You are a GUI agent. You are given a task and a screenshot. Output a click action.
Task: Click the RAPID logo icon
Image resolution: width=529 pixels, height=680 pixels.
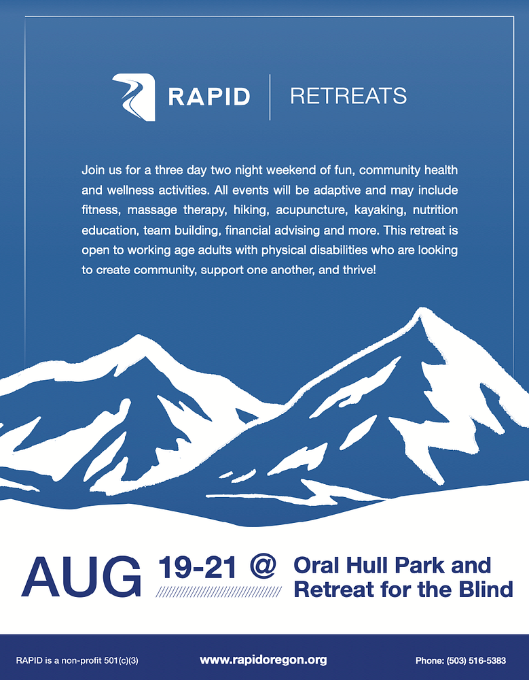tap(134, 97)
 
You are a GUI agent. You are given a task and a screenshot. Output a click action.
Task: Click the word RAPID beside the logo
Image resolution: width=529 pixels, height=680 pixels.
tap(209, 97)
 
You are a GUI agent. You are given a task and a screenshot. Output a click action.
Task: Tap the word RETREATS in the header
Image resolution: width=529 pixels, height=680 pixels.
tap(348, 96)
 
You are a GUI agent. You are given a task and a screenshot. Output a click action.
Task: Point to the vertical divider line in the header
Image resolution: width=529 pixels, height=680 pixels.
tap(270, 97)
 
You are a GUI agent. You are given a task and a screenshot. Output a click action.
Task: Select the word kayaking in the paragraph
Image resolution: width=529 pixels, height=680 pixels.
tap(380, 210)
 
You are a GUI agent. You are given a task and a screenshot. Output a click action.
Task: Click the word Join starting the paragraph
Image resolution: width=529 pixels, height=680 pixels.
tap(93, 170)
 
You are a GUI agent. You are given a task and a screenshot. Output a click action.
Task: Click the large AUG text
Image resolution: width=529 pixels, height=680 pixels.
tap(81, 577)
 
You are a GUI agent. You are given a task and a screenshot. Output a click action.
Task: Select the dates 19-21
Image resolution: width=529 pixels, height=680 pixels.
tap(198, 567)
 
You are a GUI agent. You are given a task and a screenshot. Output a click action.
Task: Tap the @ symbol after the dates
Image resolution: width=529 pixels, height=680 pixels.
tap(263, 567)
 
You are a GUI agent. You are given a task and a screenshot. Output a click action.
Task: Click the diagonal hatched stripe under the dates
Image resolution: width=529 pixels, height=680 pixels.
tap(219, 592)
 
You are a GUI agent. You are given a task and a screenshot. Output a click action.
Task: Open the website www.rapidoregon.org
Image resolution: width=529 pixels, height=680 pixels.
tap(263, 660)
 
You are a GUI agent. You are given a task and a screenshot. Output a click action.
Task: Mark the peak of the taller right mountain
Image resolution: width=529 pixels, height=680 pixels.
tap(419, 309)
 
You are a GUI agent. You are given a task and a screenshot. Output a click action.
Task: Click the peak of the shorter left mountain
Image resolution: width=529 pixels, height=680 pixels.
tap(138, 336)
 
